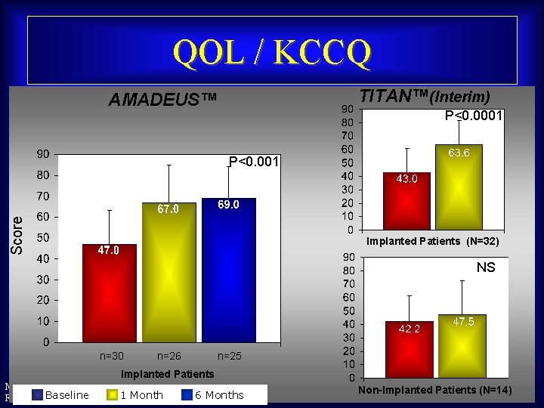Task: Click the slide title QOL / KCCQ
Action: point(272,52)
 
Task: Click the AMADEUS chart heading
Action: point(162,100)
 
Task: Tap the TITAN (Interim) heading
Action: point(425,97)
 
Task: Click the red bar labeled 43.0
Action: point(407,202)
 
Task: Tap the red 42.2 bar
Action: point(409,349)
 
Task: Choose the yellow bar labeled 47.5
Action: point(462,346)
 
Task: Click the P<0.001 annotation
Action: point(253,162)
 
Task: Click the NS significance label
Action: point(486,267)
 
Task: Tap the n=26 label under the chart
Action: point(169,356)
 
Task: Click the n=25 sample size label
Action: point(230,356)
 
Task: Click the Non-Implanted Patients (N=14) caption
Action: point(434,390)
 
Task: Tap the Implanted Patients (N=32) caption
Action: point(432,242)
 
